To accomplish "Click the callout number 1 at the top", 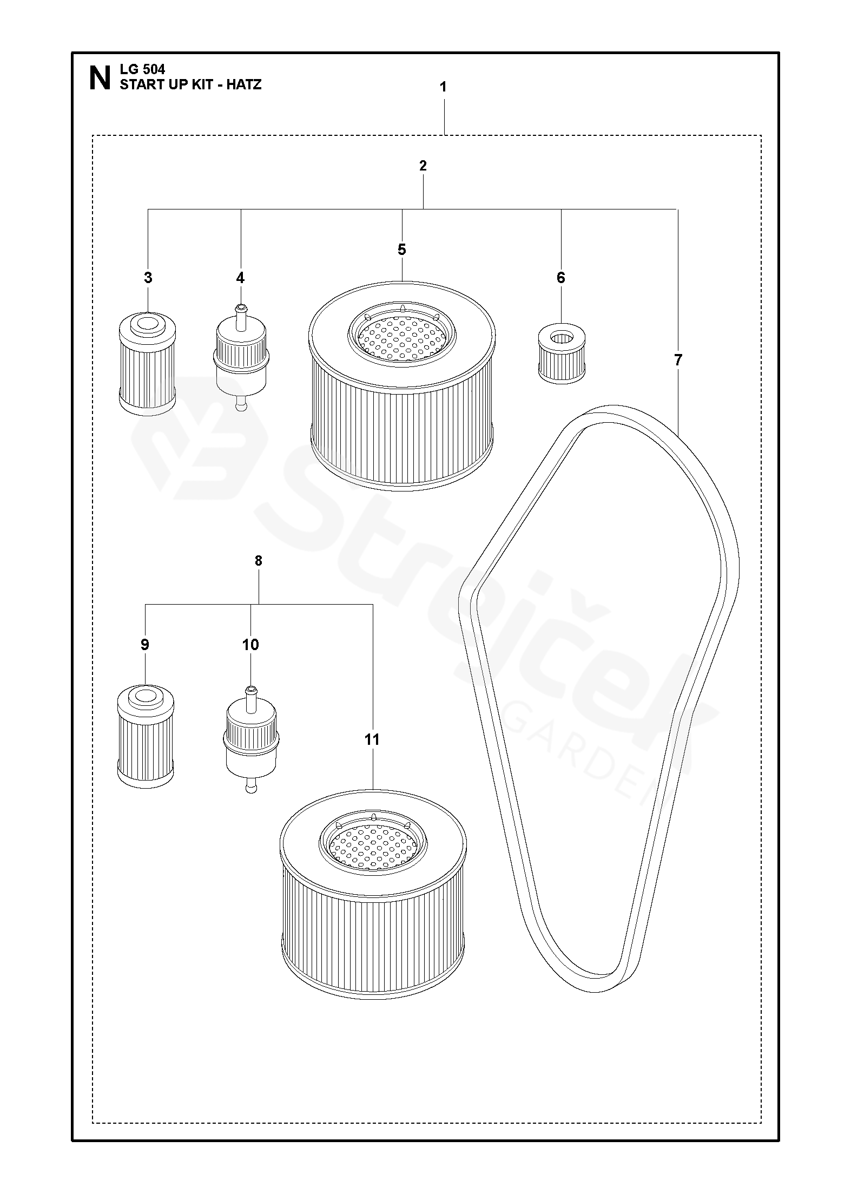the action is (443, 87).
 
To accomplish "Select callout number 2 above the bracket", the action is (423, 166).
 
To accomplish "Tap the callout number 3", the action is (148, 278).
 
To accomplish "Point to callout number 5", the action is (401, 250).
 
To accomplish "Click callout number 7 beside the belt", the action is (678, 360).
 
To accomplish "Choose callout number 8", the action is (258, 561).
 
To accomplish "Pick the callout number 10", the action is (250, 645).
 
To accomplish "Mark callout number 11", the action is (372, 739).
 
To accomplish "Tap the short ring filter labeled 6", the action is (562, 355).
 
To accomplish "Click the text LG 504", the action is (142, 69).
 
